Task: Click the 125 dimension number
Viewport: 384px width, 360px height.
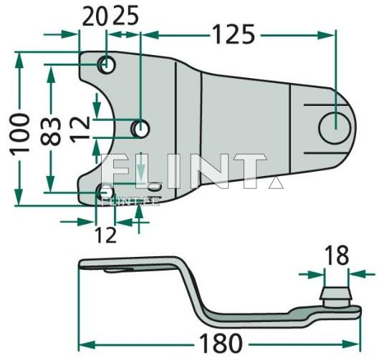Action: click(233, 33)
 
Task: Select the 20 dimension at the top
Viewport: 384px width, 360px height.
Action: click(93, 15)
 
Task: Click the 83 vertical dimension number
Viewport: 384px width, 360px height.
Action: click(52, 130)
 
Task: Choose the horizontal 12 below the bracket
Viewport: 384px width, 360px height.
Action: click(105, 233)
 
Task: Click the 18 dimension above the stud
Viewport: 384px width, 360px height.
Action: click(335, 256)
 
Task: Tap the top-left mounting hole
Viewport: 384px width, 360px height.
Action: click(107, 65)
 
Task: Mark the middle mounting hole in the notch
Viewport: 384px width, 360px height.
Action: click(141, 129)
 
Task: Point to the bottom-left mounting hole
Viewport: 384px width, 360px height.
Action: click(105, 192)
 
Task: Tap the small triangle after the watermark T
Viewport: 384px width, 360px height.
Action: click(272, 183)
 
